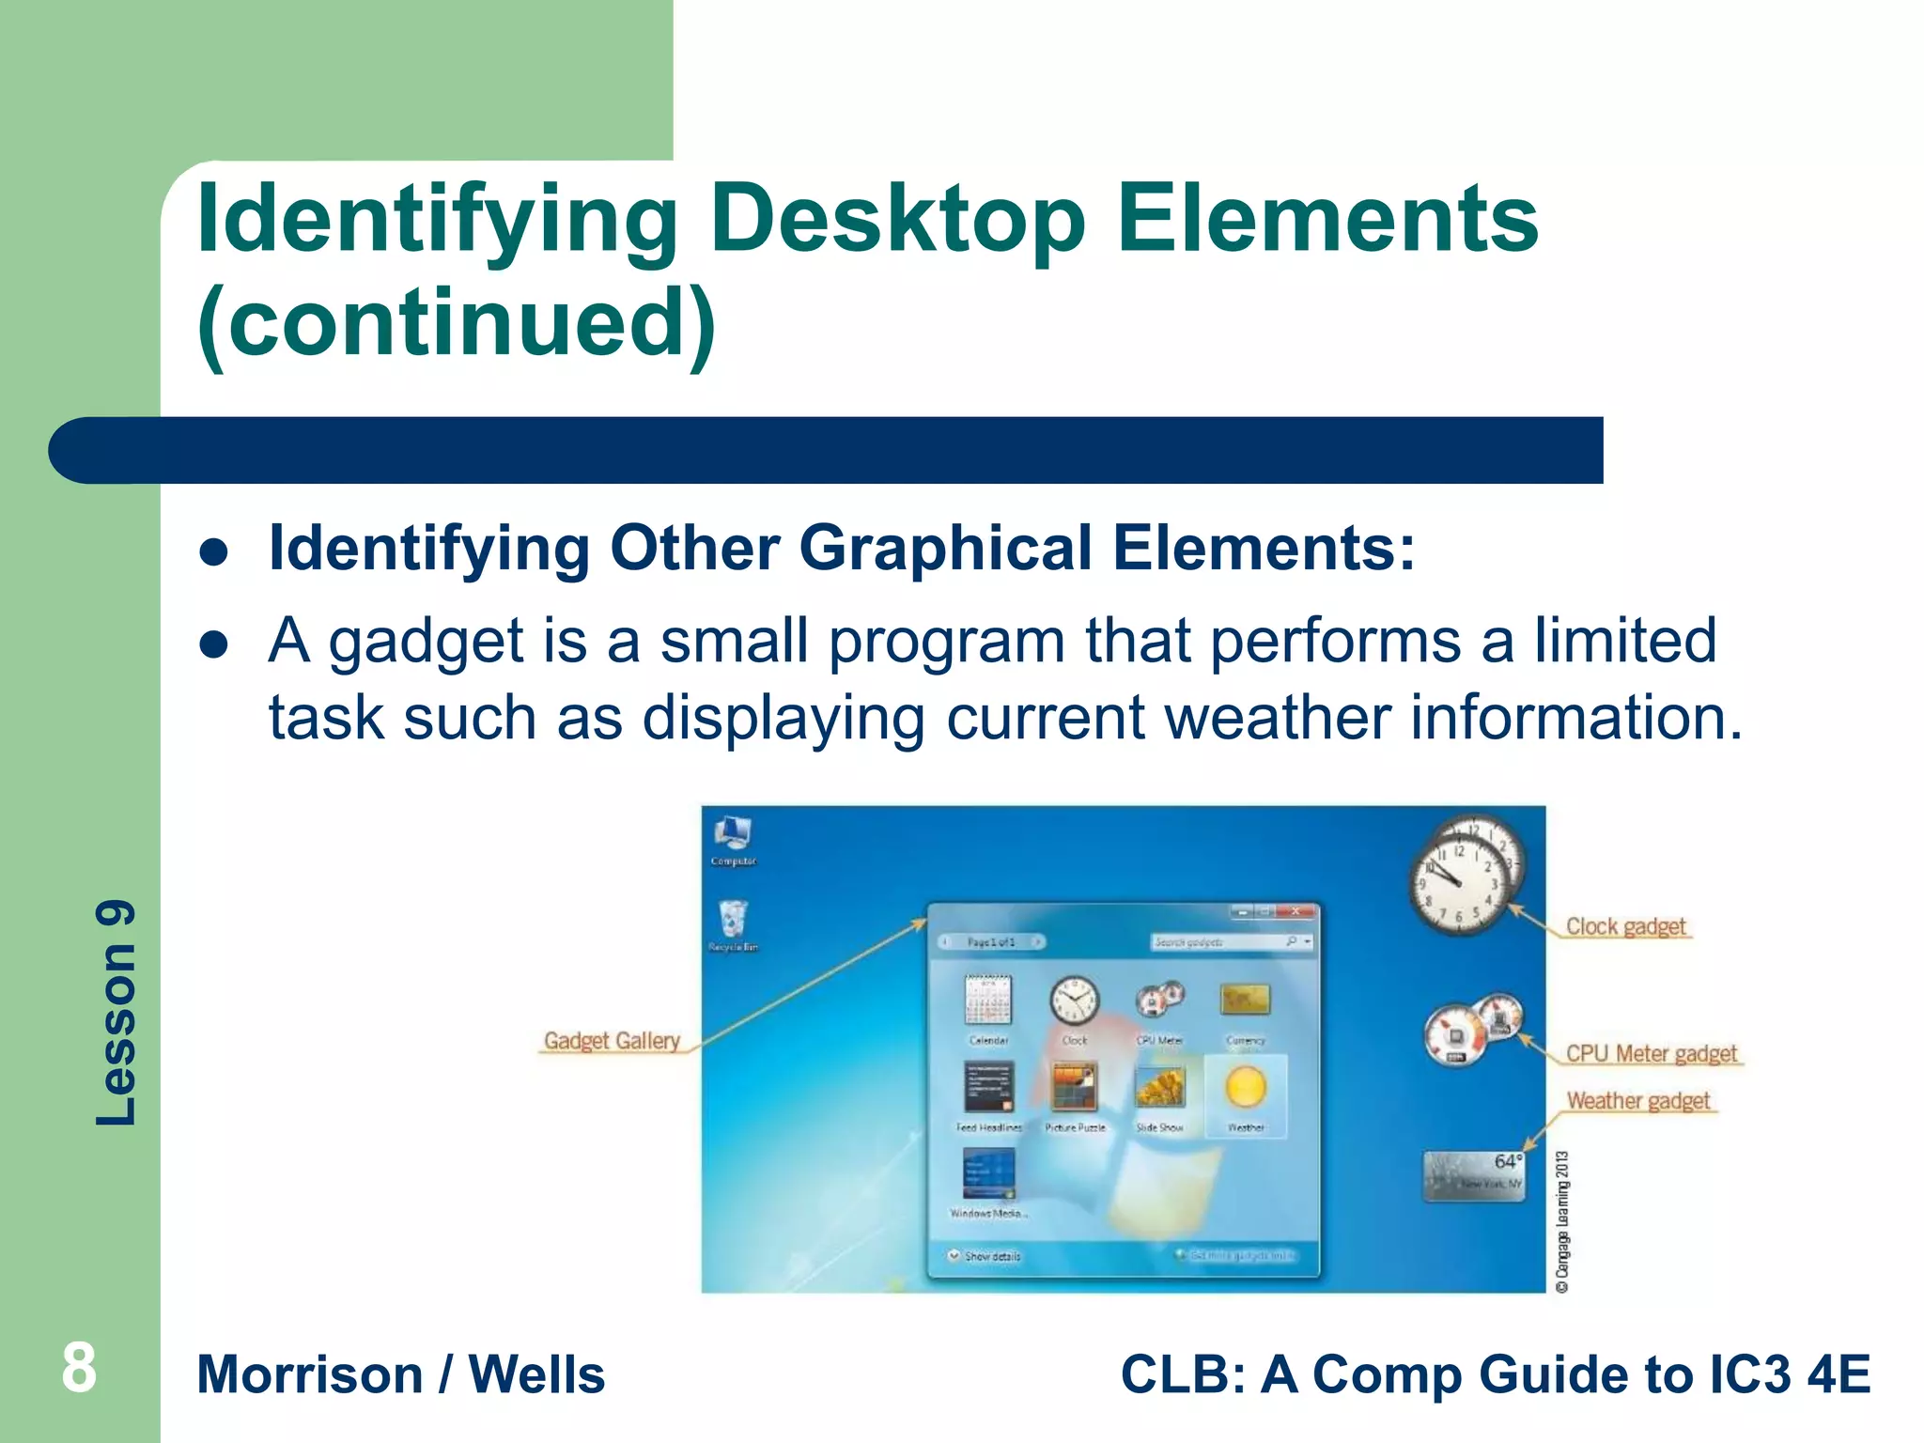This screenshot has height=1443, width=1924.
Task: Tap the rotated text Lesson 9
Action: [117, 1013]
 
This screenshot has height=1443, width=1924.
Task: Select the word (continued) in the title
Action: [457, 324]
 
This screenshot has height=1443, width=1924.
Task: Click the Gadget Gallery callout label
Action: [612, 1041]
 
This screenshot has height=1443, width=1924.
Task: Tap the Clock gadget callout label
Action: [1625, 926]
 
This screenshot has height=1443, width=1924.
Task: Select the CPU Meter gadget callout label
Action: [1652, 1054]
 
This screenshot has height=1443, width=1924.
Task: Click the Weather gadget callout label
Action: [1638, 1100]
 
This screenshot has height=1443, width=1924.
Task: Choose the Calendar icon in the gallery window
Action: [988, 1001]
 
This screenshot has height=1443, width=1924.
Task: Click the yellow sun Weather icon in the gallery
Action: [1246, 1088]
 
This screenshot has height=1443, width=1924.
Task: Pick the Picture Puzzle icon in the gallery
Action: [1075, 1088]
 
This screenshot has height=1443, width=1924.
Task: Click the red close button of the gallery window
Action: [1296, 911]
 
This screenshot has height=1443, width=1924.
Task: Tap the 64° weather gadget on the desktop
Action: [1474, 1175]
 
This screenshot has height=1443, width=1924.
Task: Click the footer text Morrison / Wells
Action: [401, 1374]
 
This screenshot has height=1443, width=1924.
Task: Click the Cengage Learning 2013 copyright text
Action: [1562, 1221]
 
